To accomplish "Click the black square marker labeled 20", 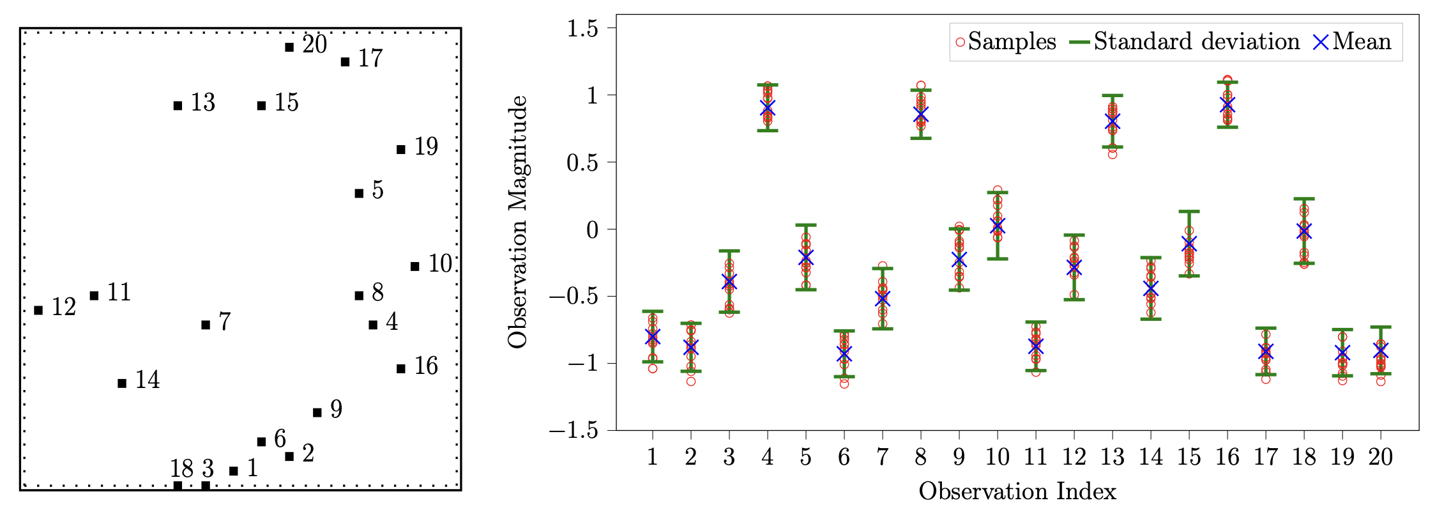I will click(289, 47).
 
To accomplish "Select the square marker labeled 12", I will click(38, 310).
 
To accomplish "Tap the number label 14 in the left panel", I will click(148, 380).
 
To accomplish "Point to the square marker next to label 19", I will click(401, 150).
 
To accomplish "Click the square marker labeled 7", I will click(206, 325).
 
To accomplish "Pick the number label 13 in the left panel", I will click(203, 103).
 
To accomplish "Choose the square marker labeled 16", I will click(401, 369).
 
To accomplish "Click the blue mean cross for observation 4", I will click(768, 108).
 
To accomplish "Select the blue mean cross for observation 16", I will click(1228, 104).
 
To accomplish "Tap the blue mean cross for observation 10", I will click(998, 226).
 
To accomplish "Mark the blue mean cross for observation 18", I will click(1304, 231).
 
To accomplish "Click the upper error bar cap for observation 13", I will click(1113, 96).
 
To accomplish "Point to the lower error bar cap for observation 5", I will click(806, 290).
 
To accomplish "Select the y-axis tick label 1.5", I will click(582, 29).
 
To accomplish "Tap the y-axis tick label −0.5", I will click(574, 297).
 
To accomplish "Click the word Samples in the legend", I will click(1012, 42).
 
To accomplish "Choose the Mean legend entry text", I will click(1362, 42).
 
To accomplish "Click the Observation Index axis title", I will click(1017, 492).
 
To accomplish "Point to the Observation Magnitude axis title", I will click(518, 222).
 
